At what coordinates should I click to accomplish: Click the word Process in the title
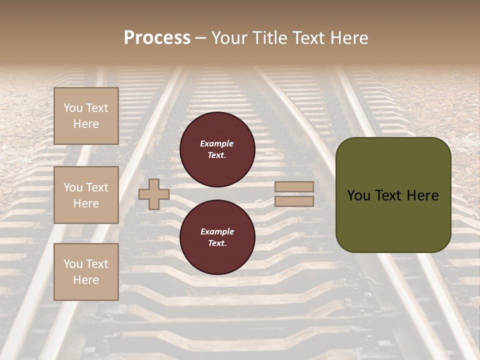click(x=157, y=38)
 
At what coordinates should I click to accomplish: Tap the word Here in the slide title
click(x=348, y=38)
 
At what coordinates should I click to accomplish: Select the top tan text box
click(x=86, y=116)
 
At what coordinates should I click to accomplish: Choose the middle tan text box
click(x=86, y=195)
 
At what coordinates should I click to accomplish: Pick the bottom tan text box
click(x=86, y=272)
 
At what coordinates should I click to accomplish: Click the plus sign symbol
click(x=154, y=194)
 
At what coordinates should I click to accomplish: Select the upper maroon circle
click(x=217, y=149)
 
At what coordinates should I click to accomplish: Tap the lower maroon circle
click(x=217, y=237)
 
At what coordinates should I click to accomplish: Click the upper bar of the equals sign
click(x=294, y=186)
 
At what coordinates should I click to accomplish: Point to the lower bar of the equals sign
click(x=294, y=201)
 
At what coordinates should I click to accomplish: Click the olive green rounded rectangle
click(x=393, y=220)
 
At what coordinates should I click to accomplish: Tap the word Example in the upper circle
click(x=217, y=143)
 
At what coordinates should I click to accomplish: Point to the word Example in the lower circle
click(x=217, y=231)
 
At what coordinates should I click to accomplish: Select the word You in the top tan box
click(x=73, y=108)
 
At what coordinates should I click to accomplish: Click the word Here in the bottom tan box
click(x=86, y=280)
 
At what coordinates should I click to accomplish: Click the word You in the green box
click(x=358, y=195)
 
